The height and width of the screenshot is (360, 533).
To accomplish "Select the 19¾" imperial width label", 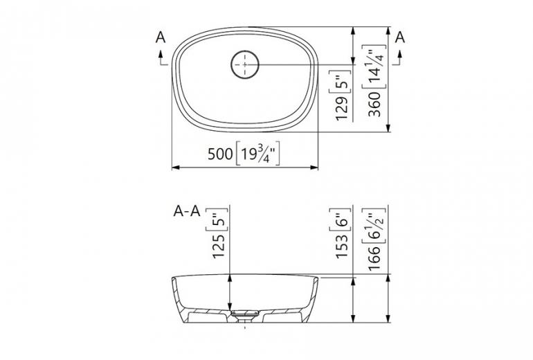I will [x=257, y=154].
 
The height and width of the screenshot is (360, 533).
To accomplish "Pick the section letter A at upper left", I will [x=161, y=39].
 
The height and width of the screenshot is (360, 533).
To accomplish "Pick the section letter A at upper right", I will [x=399, y=39].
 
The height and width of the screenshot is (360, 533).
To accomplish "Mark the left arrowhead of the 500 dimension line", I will [x=174, y=168].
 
